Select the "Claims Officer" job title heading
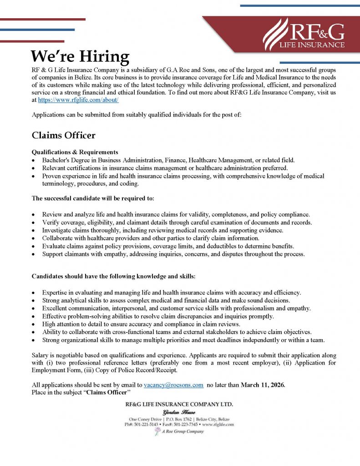click(63, 136)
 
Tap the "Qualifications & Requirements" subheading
click(75, 152)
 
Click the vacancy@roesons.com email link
click(173, 385)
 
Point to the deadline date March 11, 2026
click(263, 385)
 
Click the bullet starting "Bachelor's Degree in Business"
click(168, 160)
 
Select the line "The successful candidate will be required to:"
click(93, 198)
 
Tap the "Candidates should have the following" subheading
click(113, 277)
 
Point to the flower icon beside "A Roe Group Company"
click(157, 431)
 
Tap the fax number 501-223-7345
click(192, 425)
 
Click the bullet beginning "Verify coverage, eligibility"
click(177, 222)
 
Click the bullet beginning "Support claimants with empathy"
click(173, 254)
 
